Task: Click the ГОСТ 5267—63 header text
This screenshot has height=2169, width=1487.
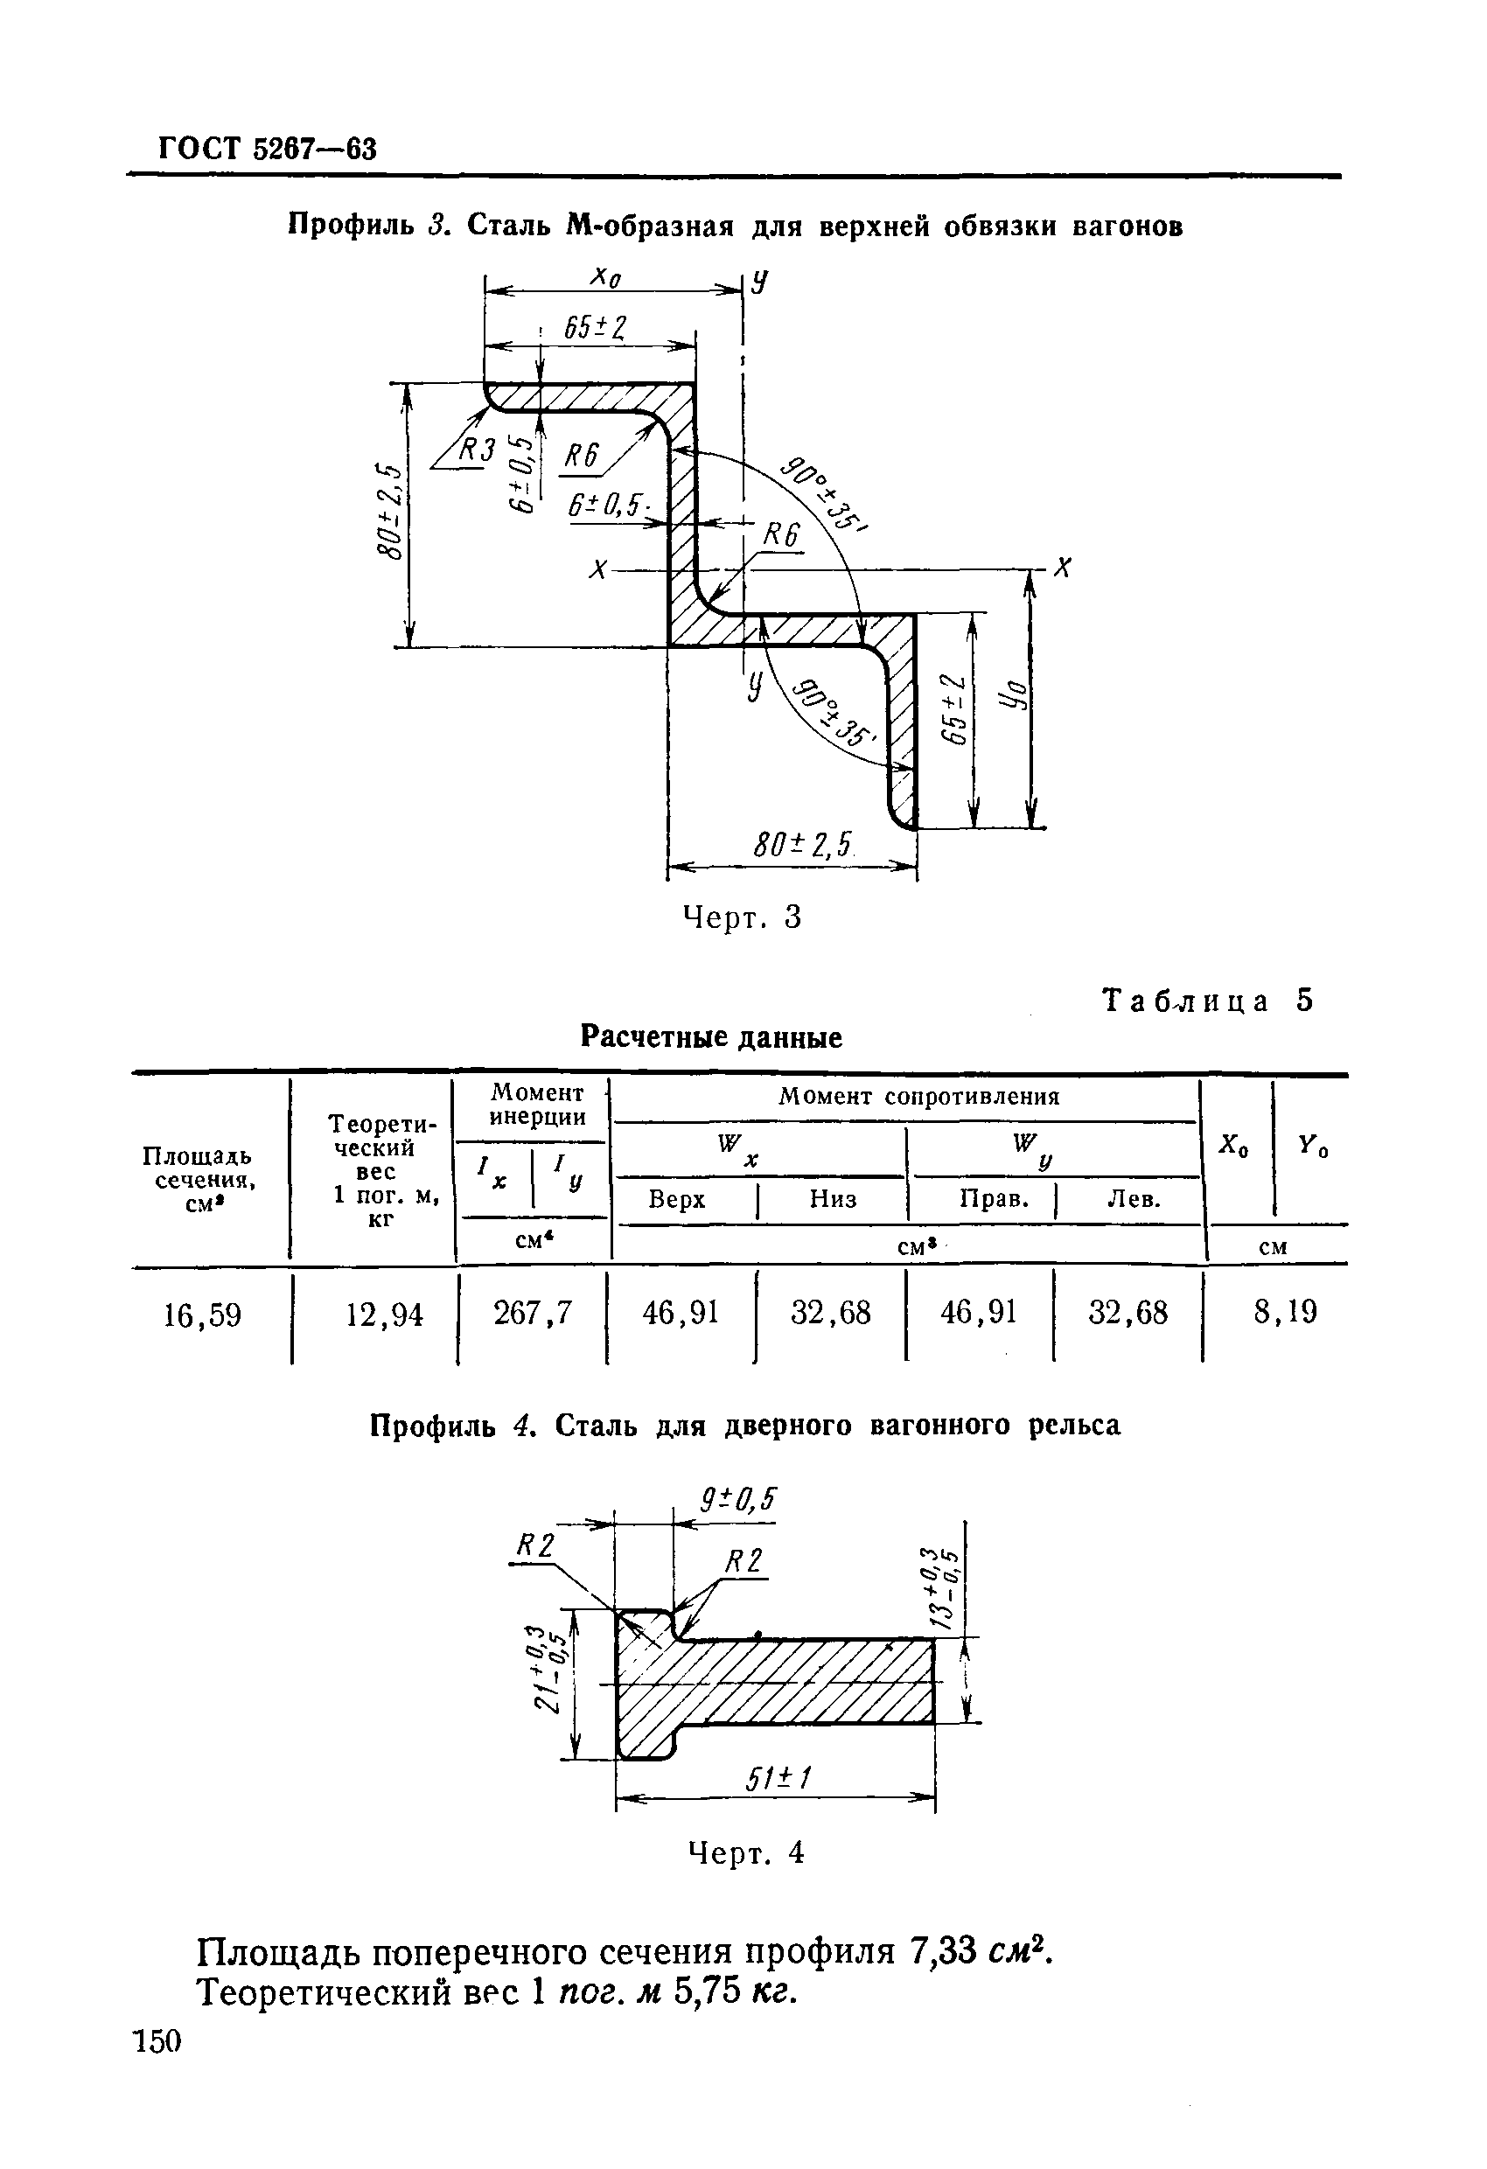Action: (x=268, y=149)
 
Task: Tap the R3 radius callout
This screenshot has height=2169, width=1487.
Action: (x=478, y=450)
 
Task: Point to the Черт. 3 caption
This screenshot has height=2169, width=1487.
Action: (x=743, y=918)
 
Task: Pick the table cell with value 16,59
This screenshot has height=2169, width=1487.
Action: (x=203, y=1315)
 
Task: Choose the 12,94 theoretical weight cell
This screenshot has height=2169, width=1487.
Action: (x=384, y=1315)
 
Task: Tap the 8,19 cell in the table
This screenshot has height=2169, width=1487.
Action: (x=1284, y=1312)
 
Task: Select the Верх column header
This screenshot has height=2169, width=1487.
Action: (x=677, y=1199)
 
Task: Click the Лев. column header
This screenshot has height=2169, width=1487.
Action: (x=1134, y=1199)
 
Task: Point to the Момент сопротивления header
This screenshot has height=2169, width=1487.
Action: (x=918, y=1097)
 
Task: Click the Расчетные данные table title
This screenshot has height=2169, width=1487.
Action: (x=710, y=1037)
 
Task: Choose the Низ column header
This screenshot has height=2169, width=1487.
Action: (x=833, y=1199)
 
